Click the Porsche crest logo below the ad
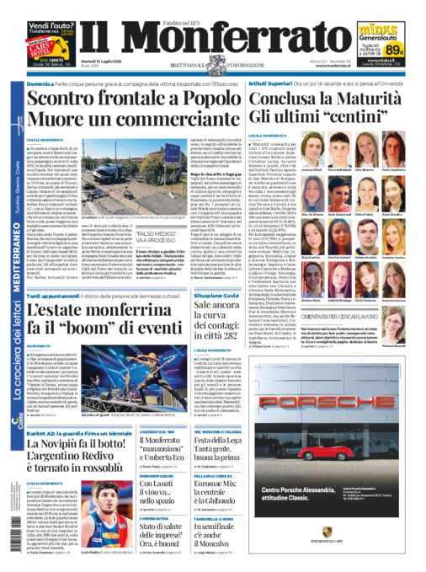(327, 533)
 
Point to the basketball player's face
(95, 494)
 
